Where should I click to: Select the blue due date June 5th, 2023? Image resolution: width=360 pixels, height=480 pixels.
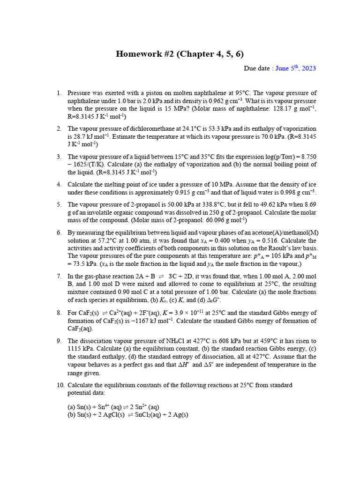click(x=296, y=68)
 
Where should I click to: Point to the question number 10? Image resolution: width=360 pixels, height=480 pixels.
click(x=60, y=385)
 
